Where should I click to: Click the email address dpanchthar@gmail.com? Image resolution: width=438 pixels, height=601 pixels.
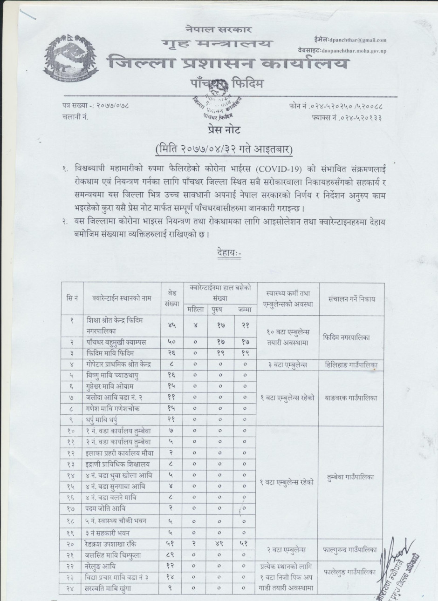tap(357, 40)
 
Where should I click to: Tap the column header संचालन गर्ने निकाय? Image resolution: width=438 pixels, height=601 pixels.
tap(351, 299)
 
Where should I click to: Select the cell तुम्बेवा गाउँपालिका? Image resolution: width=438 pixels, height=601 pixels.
tap(351, 477)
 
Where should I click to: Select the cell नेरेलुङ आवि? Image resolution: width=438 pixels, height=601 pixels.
tap(104, 567)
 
